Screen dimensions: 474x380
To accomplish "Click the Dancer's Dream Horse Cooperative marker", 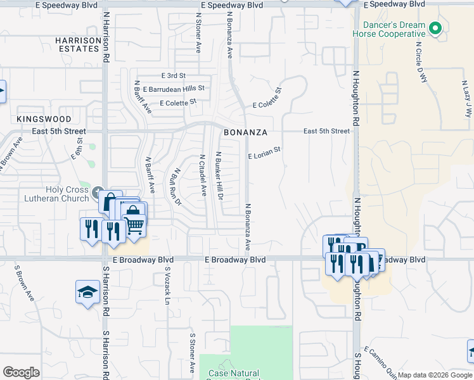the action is (435, 28).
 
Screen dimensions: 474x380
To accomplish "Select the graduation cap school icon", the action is (87, 292).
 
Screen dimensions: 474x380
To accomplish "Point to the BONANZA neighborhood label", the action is (243, 132).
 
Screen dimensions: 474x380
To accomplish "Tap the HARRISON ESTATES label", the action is (79, 44).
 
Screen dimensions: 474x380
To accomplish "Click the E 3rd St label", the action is (172, 75).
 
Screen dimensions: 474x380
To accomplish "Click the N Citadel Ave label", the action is (203, 175).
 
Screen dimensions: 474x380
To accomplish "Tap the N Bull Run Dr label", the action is (178, 186).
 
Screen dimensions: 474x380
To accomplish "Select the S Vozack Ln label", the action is (168, 286).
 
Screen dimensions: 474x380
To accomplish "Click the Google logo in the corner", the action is (21, 372).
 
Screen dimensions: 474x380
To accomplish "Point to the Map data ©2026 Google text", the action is (434, 376).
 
